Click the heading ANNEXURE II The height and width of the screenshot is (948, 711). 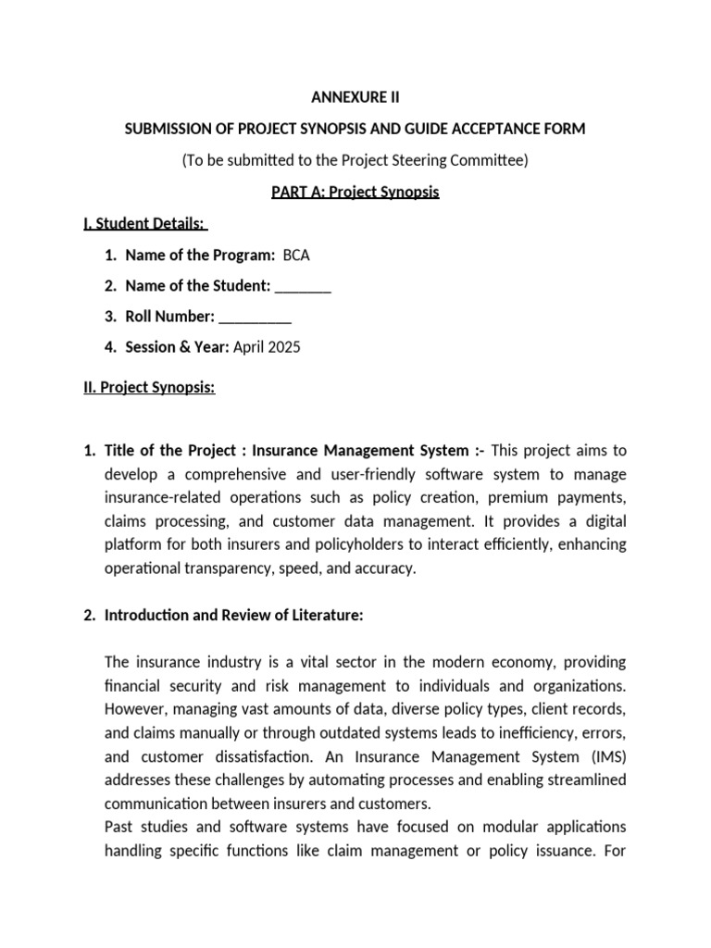coord(355,96)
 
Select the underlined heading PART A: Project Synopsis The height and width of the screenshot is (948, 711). coord(355,193)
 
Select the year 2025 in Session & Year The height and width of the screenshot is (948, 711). coord(283,347)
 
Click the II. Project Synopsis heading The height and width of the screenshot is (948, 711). coord(149,387)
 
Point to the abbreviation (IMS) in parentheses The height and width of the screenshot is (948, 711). coord(606,755)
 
